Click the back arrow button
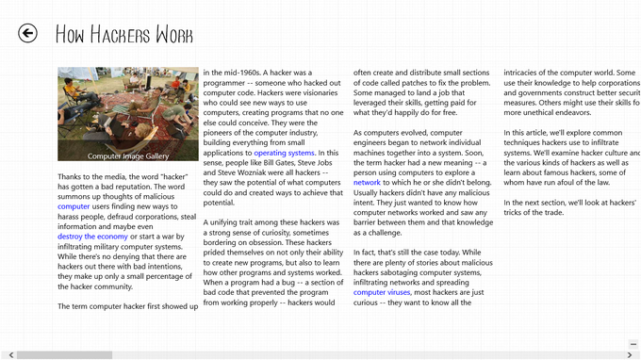(28, 34)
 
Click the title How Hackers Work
(123, 36)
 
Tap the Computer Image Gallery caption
(128, 156)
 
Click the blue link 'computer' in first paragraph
(74, 205)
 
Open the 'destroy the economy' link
(92, 237)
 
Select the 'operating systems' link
(284, 153)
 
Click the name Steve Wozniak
(247, 173)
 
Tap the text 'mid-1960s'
(240, 73)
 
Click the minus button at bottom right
(633, 343)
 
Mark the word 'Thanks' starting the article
(72, 176)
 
